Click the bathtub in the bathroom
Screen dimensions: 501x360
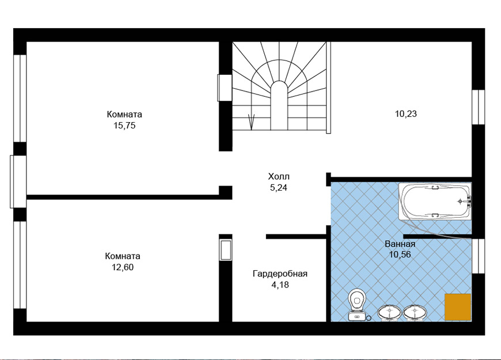coord(435,201)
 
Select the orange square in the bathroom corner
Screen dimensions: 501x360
coord(458,307)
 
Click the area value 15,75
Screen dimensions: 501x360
coord(124,126)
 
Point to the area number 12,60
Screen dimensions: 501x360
coord(123,267)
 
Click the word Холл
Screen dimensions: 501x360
coord(279,176)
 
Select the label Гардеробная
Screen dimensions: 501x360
coord(280,274)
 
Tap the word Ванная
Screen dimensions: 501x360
coord(400,244)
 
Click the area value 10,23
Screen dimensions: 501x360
coord(406,114)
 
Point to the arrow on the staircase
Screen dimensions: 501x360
coord(252,122)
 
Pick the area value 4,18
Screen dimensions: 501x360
coord(280,285)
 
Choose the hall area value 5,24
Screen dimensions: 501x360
coord(279,188)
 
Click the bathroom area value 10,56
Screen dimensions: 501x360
coord(400,255)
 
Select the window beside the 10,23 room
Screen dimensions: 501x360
coord(479,107)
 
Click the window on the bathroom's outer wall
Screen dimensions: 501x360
coord(479,256)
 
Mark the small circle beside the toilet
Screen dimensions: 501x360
coord(369,318)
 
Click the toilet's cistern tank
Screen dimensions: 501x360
coord(357,316)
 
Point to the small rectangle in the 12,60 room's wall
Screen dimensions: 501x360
coord(226,250)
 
